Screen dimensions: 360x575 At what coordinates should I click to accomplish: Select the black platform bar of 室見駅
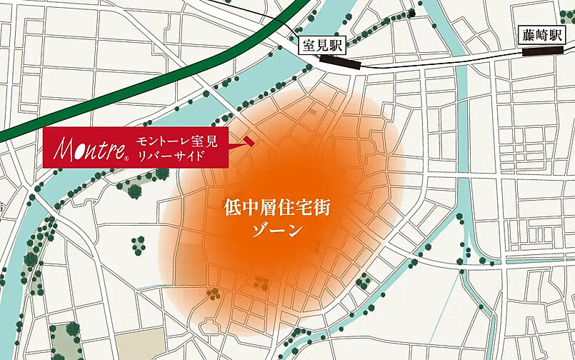341,63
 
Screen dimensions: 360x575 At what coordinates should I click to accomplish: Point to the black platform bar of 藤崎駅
544,51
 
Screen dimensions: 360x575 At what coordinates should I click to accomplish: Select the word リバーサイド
171,156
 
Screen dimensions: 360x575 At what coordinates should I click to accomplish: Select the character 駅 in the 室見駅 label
335,46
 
